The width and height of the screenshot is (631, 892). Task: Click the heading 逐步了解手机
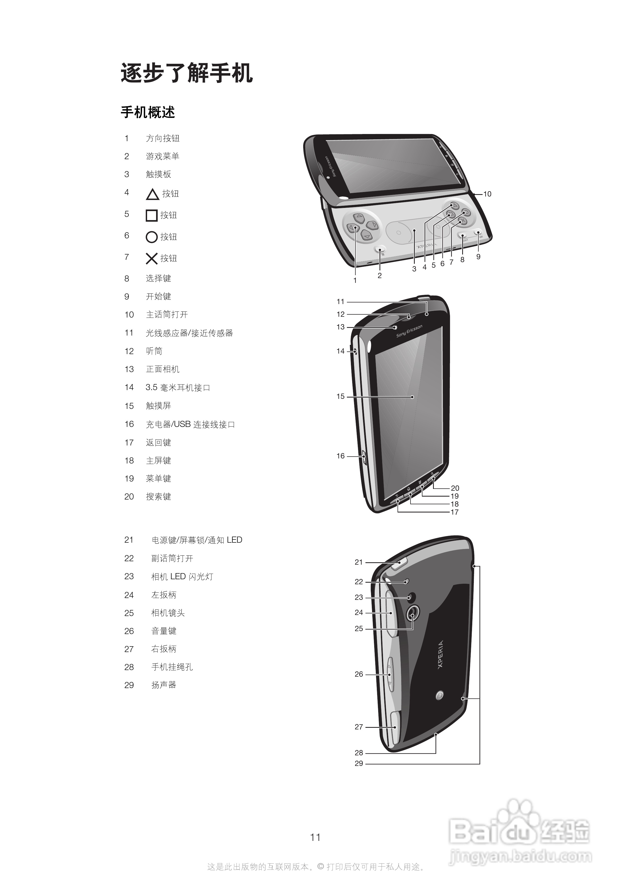tap(187, 73)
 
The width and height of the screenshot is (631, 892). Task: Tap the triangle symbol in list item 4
tap(152, 194)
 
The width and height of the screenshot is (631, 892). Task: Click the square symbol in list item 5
tap(152, 215)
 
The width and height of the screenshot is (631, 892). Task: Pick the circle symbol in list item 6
tap(152, 237)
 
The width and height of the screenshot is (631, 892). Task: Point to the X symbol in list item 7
tap(152, 258)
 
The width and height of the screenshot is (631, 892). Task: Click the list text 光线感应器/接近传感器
tap(189, 333)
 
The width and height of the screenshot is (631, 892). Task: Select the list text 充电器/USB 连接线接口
tap(191, 424)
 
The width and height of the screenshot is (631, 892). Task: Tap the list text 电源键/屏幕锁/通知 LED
tap(197, 540)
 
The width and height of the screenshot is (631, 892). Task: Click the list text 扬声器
tap(164, 685)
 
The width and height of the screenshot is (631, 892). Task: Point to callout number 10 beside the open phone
tap(487, 194)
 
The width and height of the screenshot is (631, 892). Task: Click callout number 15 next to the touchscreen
tap(341, 396)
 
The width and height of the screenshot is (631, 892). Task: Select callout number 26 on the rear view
tap(359, 674)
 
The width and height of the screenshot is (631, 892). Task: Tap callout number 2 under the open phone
tap(380, 275)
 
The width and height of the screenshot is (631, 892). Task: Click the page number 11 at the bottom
tap(315, 837)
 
